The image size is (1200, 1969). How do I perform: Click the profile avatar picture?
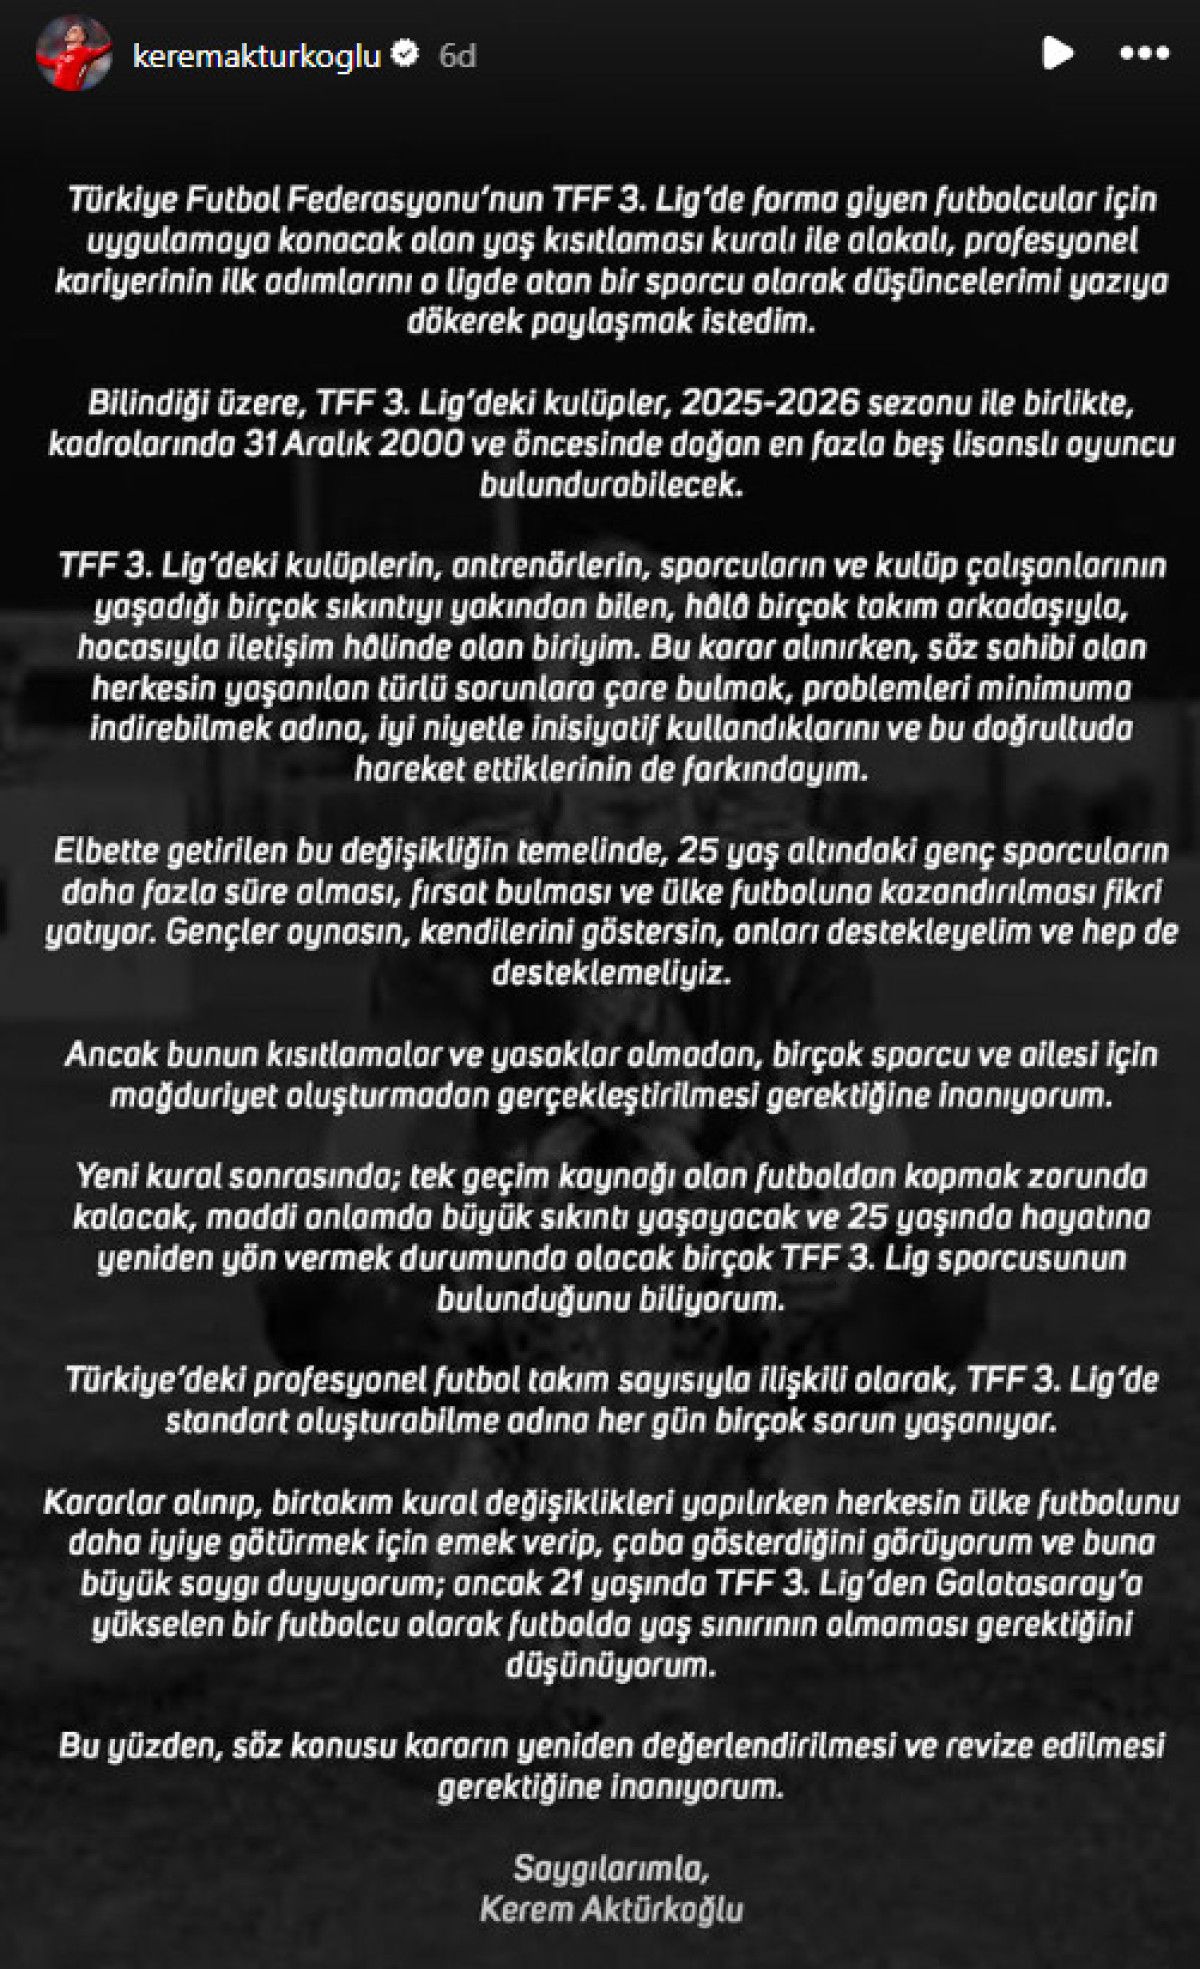click(73, 54)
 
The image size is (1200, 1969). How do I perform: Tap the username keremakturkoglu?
click(257, 55)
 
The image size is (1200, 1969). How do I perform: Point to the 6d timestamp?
click(457, 55)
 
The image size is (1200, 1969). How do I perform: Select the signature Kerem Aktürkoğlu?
click(611, 1909)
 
